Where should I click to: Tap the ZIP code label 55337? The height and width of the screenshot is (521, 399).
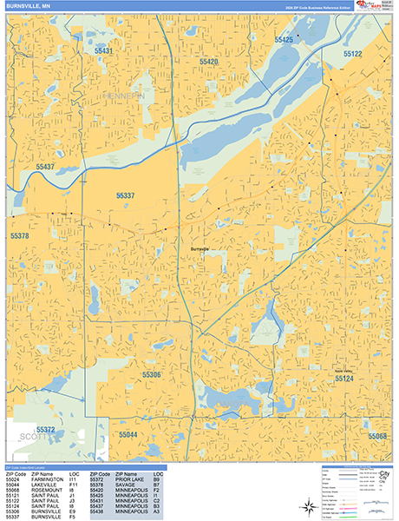point(126,196)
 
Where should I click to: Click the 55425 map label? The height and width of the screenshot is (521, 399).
point(284,40)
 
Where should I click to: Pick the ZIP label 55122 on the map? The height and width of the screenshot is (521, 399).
point(352,54)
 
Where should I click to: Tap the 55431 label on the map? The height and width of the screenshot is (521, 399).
point(103,52)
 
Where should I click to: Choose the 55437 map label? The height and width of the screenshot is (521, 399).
point(45,166)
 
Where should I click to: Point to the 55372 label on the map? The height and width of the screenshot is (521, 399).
point(46,430)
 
